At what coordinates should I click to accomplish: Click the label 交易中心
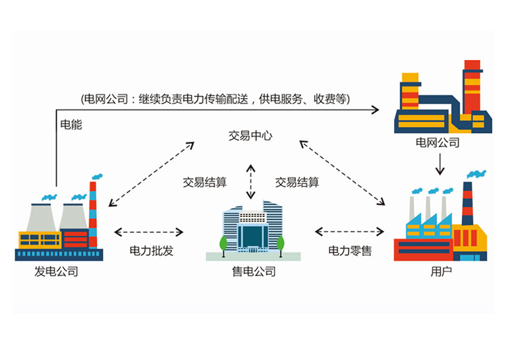[x=250, y=136]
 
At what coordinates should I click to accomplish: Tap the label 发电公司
[x=56, y=271]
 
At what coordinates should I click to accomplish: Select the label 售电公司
[x=250, y=271]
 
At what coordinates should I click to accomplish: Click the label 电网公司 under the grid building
[x=437, y=142]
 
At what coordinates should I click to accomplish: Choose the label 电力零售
[x=349, y=251]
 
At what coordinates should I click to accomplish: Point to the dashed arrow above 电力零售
[x=349, y=231]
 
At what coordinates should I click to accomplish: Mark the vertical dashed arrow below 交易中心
[x=250, y=181]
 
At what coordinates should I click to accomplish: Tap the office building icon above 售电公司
[x=250, y=231]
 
